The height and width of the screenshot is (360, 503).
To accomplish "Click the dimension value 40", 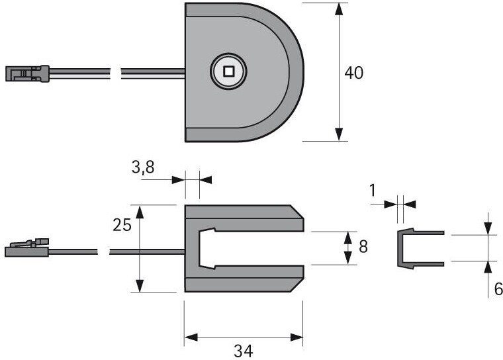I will (354, 73).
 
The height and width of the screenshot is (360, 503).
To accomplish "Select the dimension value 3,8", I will (142, 168).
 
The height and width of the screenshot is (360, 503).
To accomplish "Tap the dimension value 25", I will (122, 226).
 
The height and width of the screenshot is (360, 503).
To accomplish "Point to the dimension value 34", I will (244, 351).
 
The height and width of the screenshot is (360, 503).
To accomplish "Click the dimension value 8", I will (363, 247).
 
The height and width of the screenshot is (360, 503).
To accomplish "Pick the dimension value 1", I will (372, 191).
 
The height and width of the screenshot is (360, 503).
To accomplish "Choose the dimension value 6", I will (498, 289).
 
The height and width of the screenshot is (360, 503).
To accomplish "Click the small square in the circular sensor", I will (230, 71).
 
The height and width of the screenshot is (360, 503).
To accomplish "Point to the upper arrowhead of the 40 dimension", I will (339, 9).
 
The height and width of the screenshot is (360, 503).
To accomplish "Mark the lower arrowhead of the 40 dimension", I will (339, 134).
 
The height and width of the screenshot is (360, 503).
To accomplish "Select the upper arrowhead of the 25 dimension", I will (140, 212).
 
